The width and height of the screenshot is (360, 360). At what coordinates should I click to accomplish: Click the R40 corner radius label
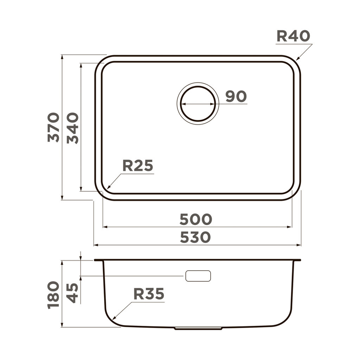[x=293, y=36]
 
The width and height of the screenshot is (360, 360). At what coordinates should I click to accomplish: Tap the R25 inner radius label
[x=138, y=166]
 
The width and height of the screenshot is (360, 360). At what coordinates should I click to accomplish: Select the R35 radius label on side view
[x=149, y=294]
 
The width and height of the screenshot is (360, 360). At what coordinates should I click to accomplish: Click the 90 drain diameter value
[x=236, y=96]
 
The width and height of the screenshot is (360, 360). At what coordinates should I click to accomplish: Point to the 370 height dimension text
[x=54, y=127]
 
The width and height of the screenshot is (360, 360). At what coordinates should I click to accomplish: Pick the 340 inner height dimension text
[x=73, y=128]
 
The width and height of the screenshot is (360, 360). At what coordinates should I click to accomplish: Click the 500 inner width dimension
[x=196, y=219]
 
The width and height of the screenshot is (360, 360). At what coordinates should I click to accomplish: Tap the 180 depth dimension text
[x=54, y=294]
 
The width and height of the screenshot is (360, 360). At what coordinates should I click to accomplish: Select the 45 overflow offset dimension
[x=73, y=293]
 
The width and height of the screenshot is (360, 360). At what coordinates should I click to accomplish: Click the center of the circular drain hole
[x=198, y=104]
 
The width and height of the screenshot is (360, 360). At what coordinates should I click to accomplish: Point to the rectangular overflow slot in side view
[x=198, y=276]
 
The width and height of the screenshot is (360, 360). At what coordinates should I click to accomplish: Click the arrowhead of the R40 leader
[x=297, y=59]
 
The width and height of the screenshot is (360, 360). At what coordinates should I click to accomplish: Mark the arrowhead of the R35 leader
[x=114, y=319]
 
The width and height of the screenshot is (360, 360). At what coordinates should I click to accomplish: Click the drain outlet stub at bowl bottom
[x=198, y=328]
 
